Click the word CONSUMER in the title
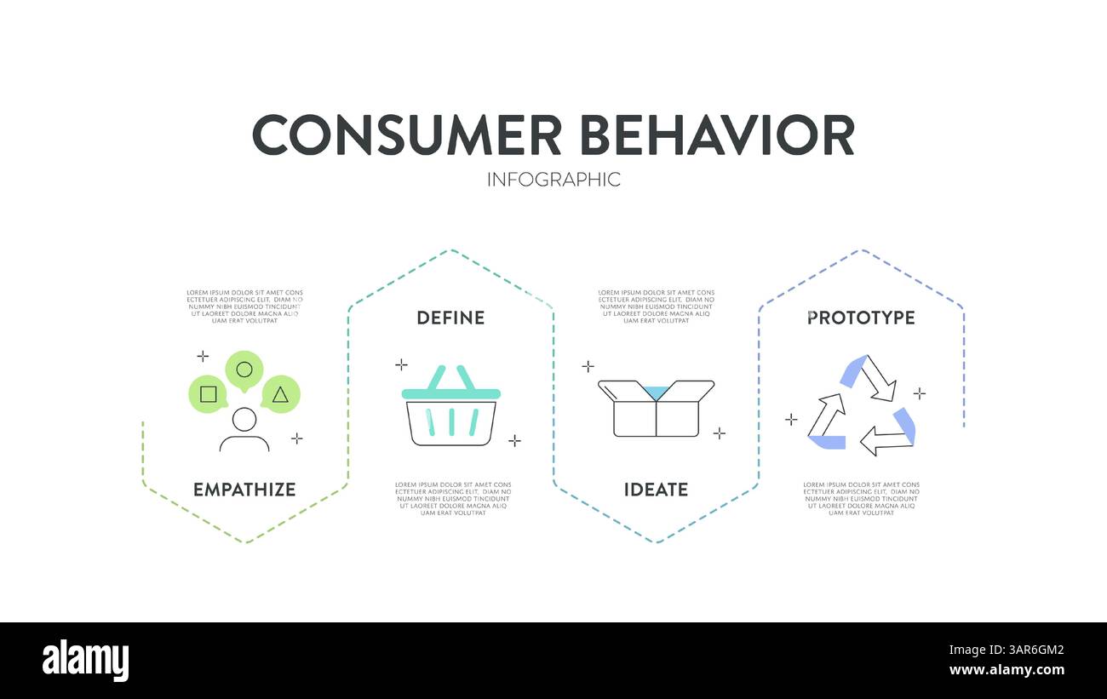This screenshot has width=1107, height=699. (x=407, y=135)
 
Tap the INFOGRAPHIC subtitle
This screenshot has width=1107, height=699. (x=553, y=180)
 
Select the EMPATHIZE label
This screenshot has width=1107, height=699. (x=244, y=490)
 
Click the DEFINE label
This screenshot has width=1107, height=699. (x=450, y=318)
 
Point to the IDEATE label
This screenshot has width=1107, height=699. (x=656, y=490)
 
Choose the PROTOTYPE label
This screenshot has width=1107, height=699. (x=861, y=318)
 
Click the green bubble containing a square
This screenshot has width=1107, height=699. (x=208, y=394)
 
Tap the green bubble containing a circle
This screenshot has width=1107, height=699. (x=244, y=370)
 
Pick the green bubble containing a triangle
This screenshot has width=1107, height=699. (x=280, y=395)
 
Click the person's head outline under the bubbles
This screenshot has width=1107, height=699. (x=244, y=419)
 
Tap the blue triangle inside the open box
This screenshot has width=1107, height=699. (x=656, y=391)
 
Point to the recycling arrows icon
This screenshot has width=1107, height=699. (x=861, y=404)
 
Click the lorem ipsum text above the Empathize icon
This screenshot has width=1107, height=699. (x=244, y=307)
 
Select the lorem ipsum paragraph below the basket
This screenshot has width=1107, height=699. (x=453, y=499)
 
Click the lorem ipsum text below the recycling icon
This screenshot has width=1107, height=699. (x=861, y=499)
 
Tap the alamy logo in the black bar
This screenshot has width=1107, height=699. (x=85, y=661)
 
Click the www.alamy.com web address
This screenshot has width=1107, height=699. (x=1007, y=670)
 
